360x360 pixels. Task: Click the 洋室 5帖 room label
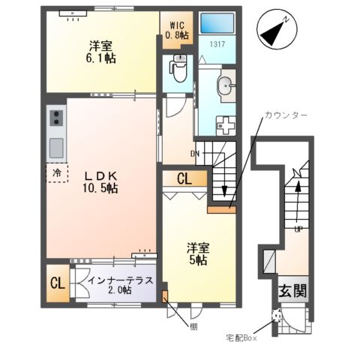coord(198,253)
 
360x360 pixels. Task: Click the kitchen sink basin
coord(56,146)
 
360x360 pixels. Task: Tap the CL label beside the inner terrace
coord(56,283)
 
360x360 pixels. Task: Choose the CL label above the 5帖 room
coord(184,178)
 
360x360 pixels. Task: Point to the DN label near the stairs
coord(195,154)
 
